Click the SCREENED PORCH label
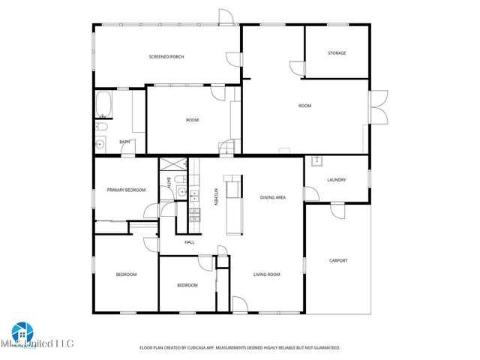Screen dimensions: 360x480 [166, 57]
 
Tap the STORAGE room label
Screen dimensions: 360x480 [336, 53]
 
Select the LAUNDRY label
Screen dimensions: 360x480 [336, 180]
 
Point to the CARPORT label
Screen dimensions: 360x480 [338, 261]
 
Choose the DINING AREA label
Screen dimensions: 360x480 [272, 197]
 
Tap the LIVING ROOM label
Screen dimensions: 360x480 [266, 274]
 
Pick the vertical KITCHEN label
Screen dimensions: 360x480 [216, 196]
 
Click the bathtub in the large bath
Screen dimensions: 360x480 [103, 105]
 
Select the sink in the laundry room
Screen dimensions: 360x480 [317, 161]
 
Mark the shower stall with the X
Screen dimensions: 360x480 [173, 166]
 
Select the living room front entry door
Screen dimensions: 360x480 [240, 304]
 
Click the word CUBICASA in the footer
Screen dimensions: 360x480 [223, 348]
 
